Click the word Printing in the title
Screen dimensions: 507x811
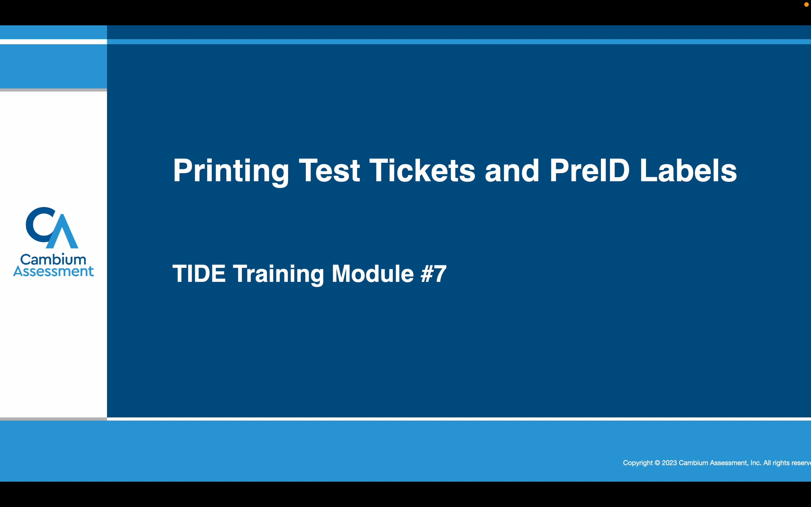point(231,171)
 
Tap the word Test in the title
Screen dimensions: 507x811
point(329,171)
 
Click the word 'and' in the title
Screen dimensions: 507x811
point(512,171)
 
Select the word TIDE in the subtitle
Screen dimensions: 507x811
point(199,273)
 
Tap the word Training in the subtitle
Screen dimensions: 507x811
point(278,273)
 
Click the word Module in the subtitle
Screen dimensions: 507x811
point(372,273)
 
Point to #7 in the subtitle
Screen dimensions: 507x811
point(433,273)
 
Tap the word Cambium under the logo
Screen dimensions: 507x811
point(53,259)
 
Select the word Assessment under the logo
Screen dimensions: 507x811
point(53,271)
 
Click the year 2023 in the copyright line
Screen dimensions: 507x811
point(669,463)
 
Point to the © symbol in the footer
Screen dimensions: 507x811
point(657,463)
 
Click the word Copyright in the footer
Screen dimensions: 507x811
point(638,463)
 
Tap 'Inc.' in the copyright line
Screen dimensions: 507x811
point(756,463)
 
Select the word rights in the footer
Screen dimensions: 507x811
point(781,463)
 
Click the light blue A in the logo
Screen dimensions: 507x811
point(63,233)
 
